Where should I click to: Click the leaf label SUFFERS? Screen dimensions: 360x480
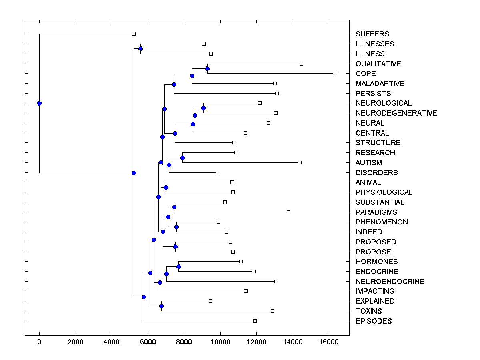372,34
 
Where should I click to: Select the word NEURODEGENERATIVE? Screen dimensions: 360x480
396,113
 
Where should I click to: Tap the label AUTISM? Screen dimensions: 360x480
369,163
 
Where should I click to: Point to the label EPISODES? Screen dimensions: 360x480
374,321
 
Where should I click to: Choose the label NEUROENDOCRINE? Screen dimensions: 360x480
390,282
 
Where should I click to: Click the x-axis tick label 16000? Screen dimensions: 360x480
329,342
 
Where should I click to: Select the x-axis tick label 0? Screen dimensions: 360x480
39,342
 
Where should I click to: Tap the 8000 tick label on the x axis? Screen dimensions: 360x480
184,342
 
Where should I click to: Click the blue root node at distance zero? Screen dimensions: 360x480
39,103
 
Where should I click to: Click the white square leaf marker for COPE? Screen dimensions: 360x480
335,73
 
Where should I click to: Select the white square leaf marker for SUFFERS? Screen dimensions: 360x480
134,34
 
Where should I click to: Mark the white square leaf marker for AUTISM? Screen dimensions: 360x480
300,162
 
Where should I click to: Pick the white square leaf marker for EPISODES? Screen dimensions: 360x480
255,321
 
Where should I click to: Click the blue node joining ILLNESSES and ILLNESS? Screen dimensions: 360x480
140,48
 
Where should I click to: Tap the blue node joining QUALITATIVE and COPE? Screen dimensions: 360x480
207,68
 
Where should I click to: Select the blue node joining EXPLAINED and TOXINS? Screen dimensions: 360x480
161,306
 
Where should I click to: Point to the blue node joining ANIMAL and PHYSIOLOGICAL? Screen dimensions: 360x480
166,187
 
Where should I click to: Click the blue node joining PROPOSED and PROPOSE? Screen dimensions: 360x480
175,246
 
